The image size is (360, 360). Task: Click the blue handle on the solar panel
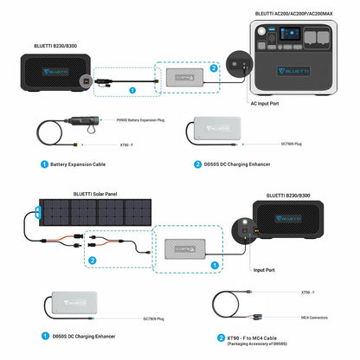click(41, 212)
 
